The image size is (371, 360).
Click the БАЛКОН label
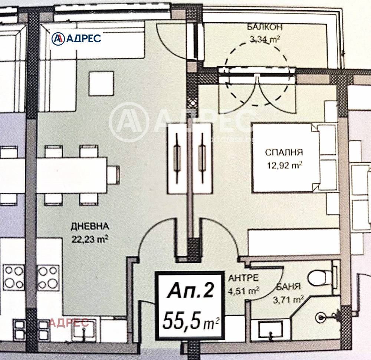click(x=265, y=27)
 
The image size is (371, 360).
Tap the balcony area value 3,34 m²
click(x=265, y=39)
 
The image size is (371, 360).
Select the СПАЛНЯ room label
click(x=284, y=152)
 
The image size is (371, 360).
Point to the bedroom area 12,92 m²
click(x=285, y=165)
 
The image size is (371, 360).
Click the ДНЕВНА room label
click(x=90, y=226)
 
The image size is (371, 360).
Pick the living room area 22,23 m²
click(x=90, y=240)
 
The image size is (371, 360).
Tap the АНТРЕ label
click(x=243, y=278)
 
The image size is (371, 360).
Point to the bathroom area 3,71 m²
click(x=288, y=300)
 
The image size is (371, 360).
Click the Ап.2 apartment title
click(x=190, y=290)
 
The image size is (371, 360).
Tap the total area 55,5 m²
click(x=191, y=320)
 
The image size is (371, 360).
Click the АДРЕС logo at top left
click(x=76, y=39)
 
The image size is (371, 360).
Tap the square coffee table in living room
click(x=101, y=83)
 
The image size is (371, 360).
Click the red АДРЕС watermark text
click(x=69, y=323)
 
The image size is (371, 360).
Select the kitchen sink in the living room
click(x=84, y=328)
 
